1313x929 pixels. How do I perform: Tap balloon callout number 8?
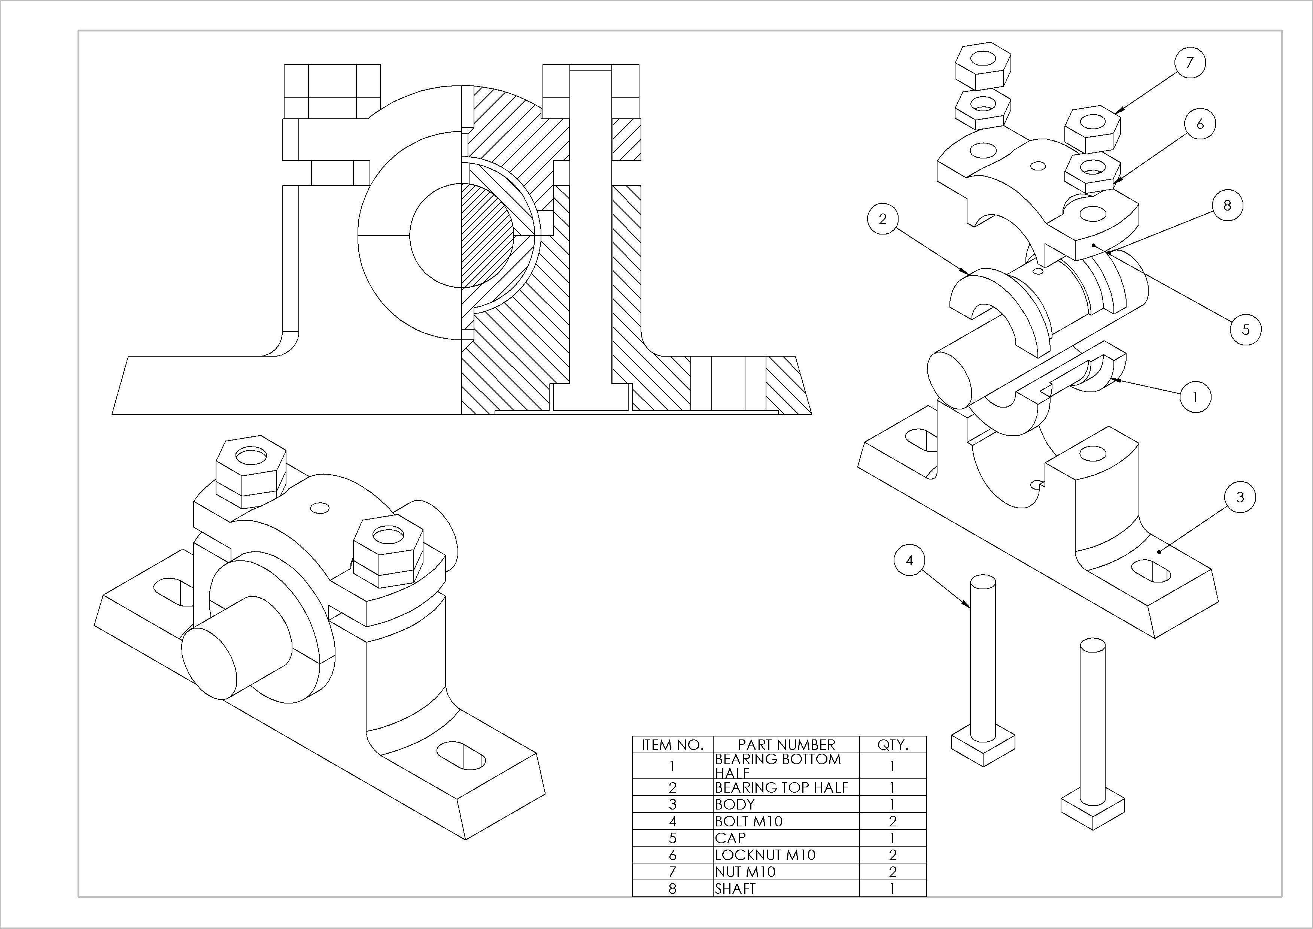(x=1227, y=205)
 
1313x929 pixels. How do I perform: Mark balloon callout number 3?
(x=1240, y=497)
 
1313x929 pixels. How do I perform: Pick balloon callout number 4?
(x=909, y=561)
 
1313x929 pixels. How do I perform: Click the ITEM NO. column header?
(x=672, y=745)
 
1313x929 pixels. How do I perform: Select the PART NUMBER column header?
(x=786, y=745)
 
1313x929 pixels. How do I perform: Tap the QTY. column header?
(x=893, y=745)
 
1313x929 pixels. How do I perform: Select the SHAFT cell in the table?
(x=735, y=889)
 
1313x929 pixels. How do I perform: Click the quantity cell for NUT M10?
(x=893, y=872)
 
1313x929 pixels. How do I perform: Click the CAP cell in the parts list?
(x=730, y=838)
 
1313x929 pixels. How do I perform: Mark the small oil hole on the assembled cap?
(x=319, y=508)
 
